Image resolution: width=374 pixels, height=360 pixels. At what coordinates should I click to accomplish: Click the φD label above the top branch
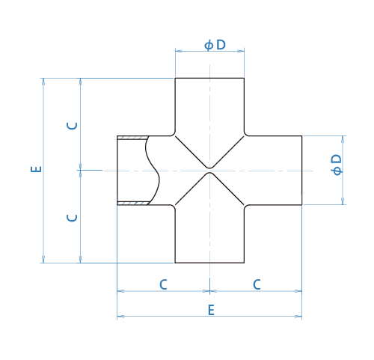[x=215, y=45]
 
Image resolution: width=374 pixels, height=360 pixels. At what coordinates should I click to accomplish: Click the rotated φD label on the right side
[x=337, y=165]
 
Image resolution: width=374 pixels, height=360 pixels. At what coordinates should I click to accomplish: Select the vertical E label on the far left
[x=36, y=169]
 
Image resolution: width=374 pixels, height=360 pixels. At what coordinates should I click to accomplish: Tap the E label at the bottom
[x=211, y=310]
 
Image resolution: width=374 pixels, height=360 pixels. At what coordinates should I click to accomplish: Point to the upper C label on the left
[x=73, y=126]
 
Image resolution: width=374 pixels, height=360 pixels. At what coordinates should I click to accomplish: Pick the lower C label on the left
[x=73, y=218]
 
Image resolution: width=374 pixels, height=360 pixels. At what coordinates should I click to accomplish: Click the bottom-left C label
[x=163, y=284]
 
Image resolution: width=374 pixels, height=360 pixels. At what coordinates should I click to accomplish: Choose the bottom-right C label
[x=257, y=284]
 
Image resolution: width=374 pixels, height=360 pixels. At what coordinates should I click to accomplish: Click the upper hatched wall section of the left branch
[x=132, y=138]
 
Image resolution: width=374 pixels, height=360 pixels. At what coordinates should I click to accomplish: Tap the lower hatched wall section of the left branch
[x=133, y=203]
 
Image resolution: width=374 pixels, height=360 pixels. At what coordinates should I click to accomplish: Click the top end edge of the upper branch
[x=209, y=78]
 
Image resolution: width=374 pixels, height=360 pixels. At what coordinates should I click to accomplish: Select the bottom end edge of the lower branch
[x=209, y=263]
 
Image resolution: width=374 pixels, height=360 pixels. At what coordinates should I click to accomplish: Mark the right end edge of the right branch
[x=302, y=171]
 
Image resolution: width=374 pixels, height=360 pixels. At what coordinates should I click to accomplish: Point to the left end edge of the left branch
[x=117, y=171]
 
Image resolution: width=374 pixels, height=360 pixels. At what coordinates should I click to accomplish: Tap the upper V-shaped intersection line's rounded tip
[x=209, y=168]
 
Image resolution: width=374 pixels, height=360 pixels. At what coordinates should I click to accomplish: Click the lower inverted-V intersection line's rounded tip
[x=209, y=173]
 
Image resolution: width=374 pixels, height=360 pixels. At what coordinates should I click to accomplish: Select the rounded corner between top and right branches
[x=246, y=134]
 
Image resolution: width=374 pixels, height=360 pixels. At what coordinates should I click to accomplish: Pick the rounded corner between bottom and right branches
[x=246, y=207]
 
